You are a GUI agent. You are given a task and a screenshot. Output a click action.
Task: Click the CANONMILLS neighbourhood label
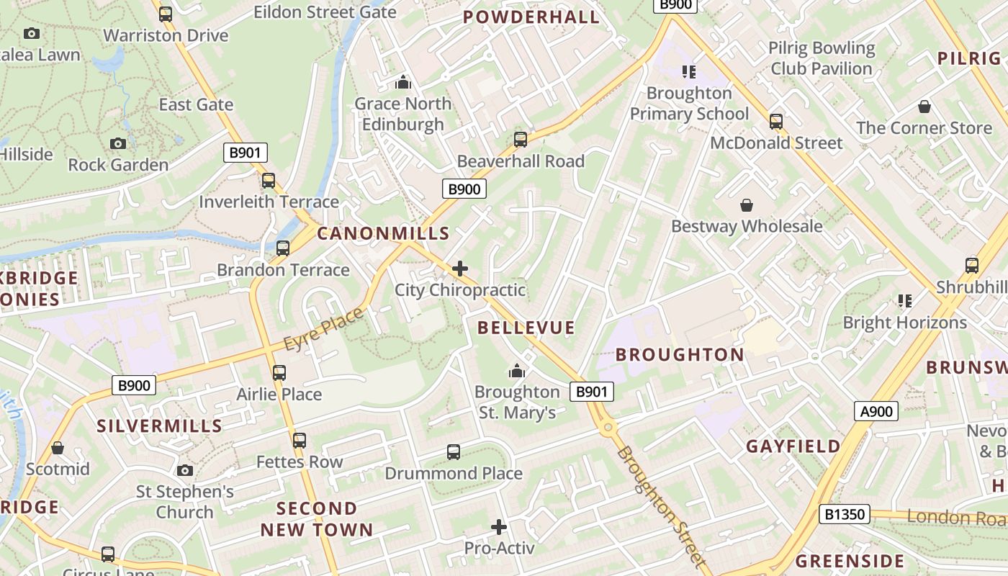(383, 233)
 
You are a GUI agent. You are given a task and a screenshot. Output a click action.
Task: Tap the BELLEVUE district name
(526, 328)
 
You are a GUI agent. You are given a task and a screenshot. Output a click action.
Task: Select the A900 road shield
(876, 412)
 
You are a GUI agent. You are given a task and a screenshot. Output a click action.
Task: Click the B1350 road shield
(845, 514)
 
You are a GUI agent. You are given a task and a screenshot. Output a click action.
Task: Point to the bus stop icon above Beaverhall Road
(521, 140)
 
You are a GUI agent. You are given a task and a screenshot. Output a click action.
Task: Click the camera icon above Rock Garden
(118, 144)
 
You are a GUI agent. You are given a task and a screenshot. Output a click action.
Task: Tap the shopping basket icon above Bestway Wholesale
(747, 206)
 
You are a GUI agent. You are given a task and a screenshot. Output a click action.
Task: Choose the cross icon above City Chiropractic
(460, 269)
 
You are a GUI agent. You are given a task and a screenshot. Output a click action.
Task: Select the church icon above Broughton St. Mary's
(516, 372)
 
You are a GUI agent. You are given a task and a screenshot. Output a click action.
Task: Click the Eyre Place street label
(323, 329)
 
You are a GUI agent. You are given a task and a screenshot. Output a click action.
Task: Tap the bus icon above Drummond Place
(453, 452)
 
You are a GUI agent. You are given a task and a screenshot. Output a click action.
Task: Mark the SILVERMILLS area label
(160, 426)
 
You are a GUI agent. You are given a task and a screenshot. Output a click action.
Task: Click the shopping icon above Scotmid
(58, 449)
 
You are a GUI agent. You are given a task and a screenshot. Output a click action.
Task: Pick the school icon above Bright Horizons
(904, 301)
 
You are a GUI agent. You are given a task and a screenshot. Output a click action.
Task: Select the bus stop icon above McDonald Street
(775, 122)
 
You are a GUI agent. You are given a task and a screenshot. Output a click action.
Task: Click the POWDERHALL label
(531, 17)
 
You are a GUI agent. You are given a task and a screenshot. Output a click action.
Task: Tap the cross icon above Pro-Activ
(498, 527)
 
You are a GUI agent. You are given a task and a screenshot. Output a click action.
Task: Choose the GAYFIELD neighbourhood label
(793, 446)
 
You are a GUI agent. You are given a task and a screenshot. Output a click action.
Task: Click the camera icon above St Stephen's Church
(185, 471)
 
